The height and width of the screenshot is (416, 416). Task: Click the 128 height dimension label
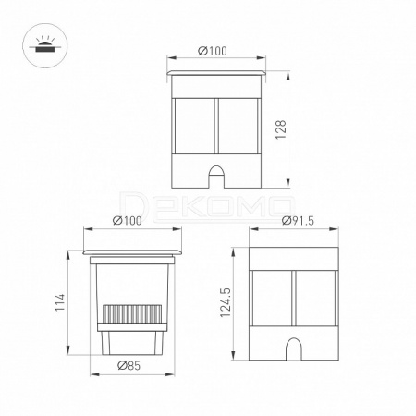point(281,129)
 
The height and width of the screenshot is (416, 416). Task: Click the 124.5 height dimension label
point(226,302)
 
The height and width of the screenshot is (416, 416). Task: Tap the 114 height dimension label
point(60,302)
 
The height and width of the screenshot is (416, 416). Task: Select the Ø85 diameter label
point(129,365)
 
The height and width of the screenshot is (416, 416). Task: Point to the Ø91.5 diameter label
point(298,221)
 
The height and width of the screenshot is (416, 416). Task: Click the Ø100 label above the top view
point(213,51)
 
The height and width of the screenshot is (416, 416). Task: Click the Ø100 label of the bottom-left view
point(128,221)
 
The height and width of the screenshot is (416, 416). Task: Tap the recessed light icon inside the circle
point(43,45)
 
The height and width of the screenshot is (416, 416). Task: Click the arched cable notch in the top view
point(216,177)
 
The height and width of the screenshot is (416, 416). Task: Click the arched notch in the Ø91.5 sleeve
point(294,349)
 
